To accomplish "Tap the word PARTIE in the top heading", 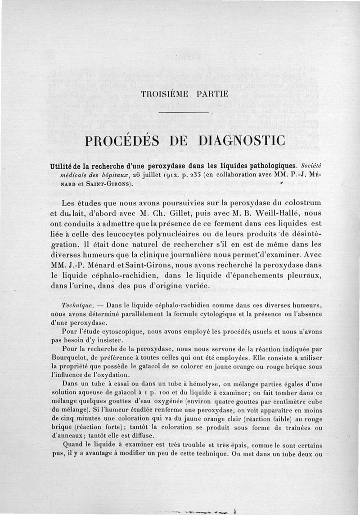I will coord(213,95).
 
